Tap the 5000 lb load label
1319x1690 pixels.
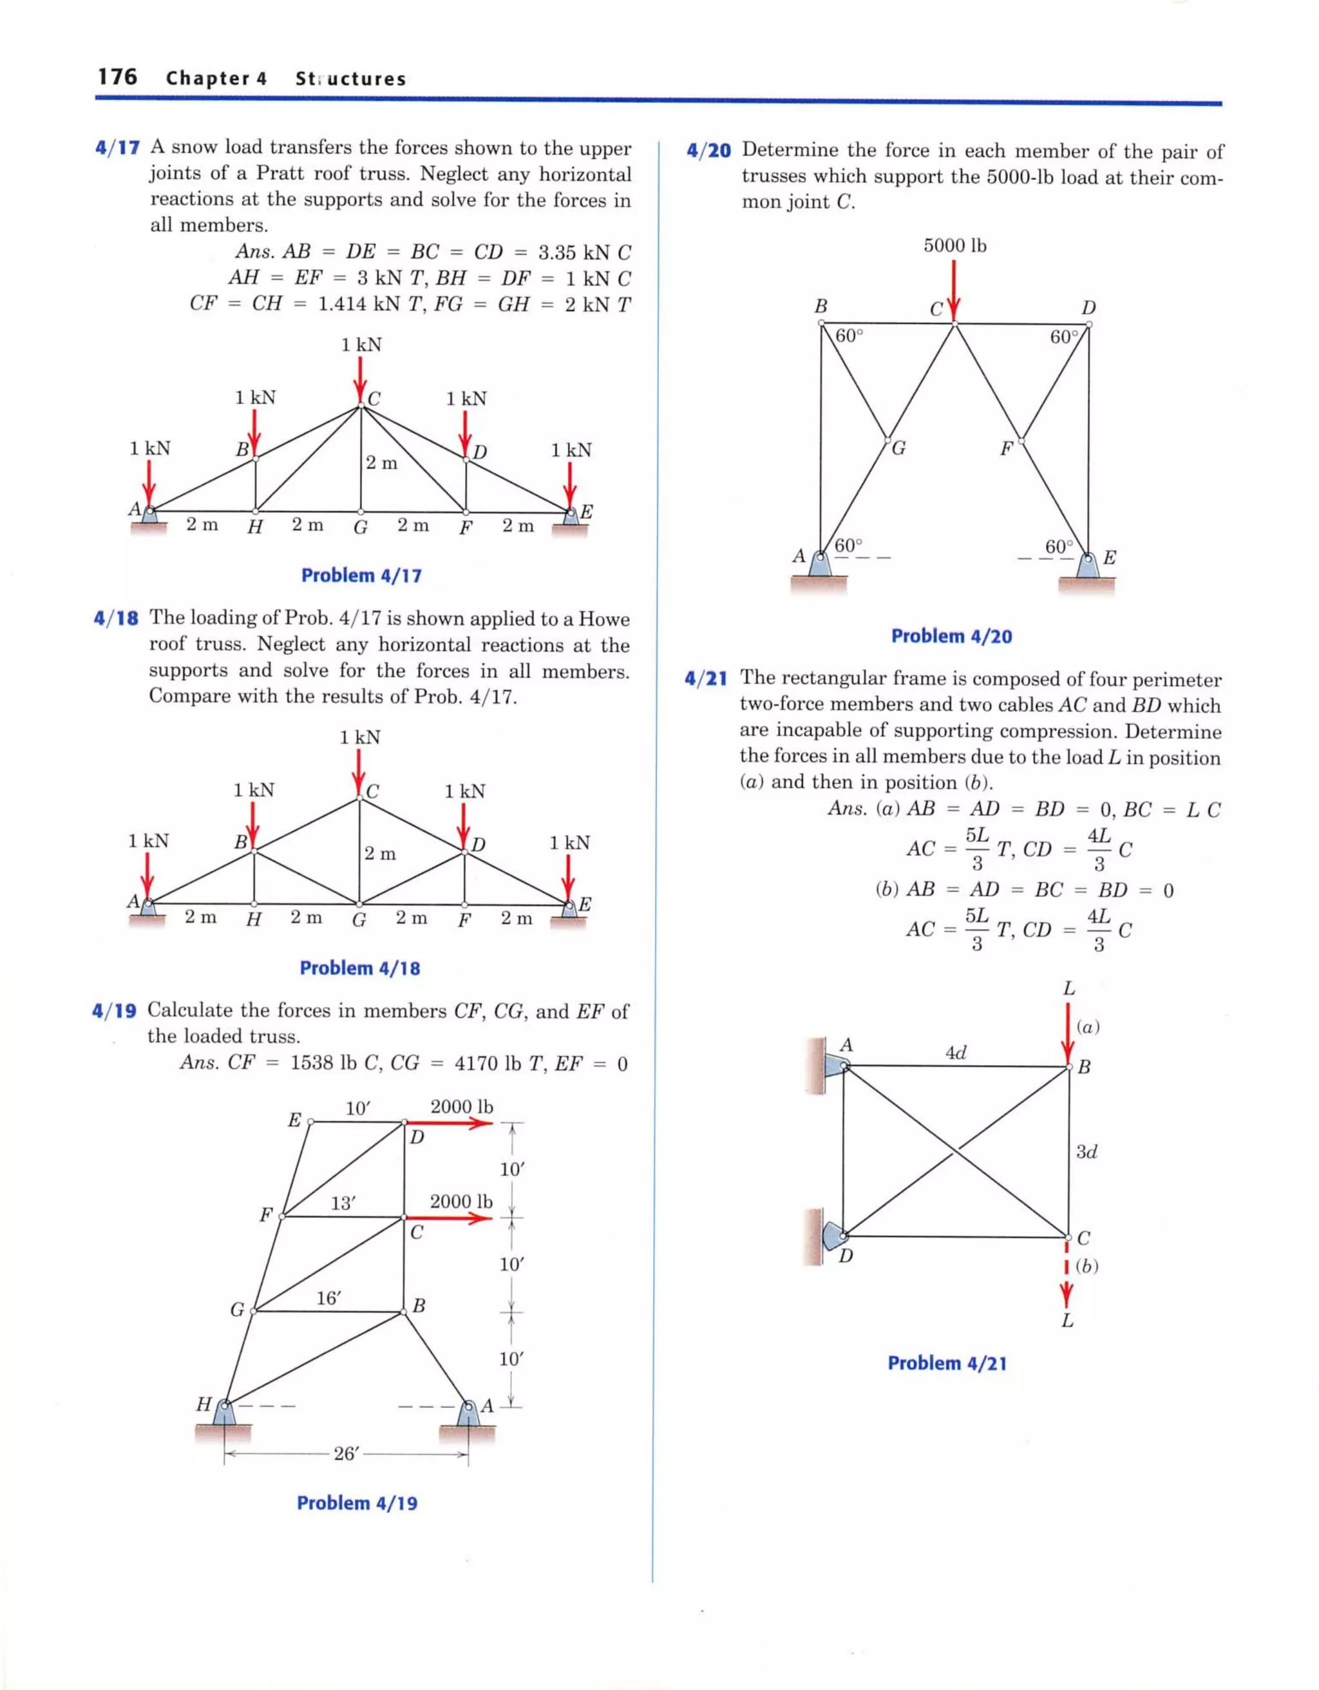[954, 245]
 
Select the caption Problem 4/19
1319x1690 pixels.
[357, 1503]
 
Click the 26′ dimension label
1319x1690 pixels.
[346, 1453]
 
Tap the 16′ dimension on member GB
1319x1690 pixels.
[328, 1298]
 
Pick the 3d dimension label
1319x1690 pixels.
[1086, 1151]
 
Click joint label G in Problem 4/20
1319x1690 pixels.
[898, 448]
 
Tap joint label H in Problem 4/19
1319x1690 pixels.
[204, 1404]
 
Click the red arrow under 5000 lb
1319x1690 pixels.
[954, 290]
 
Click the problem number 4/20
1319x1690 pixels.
[708, 150]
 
